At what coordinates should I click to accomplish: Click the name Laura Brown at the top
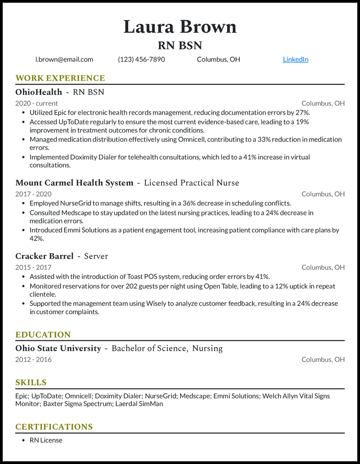pyautogui.click(x=180, y=27)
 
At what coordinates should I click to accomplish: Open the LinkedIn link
pyautogui.click(x=296, y=59)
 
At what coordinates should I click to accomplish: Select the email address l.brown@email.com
pyautogui.click(x=64, y=59)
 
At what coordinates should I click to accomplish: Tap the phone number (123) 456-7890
pyautogui.click(x=141, y=59)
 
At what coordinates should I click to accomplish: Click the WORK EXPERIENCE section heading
pyautogui.click(x=60, y=78)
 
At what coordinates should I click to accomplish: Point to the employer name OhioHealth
pyautogui.click(x=39, y=92)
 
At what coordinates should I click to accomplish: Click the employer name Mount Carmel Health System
pyautogui.click(x=74, y=183)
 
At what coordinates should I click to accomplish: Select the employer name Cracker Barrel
pyautogui.click(x=44, y=256)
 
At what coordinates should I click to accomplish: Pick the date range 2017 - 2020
pyautogui.click(x=33, y=194)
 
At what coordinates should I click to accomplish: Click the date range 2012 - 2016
pyautogui.click(x=33, y=360)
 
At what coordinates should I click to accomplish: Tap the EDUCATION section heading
pyautogui.click(x=43, y=335)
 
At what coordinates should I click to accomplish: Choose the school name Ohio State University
pyautogui.click(x=58, y=348)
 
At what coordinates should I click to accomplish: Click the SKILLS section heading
pyautogui.click(x=31, y=383)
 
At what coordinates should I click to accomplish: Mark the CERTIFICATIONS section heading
pyautogui.click(x=54, y=427)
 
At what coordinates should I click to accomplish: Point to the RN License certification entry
pyautogui.click(x=46, y=440)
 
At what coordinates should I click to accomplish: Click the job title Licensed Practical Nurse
pyautogui.click(x=191, y=183)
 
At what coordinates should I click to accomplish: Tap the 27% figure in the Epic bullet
pyautogui.click(x=302, y=113)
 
